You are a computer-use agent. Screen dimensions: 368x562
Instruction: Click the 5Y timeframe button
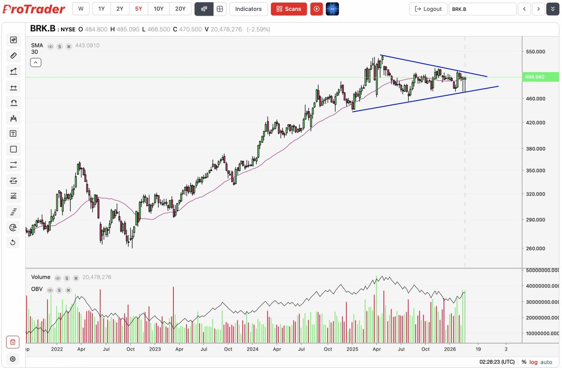pos(138,8)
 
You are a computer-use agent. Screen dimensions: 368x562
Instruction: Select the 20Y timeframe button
pos(180,8)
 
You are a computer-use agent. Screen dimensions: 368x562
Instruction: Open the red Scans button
pos(289,9)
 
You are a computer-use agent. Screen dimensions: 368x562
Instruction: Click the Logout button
pos(428,9)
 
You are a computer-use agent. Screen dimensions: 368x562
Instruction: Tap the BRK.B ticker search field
pos(482,9)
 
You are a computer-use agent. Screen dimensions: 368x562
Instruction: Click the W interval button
pos(81,8)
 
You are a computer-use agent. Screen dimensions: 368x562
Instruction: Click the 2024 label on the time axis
pos(253,349)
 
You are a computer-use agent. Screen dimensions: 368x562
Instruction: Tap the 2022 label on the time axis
pos(57,349)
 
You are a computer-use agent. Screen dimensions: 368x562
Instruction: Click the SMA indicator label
pos(37,45)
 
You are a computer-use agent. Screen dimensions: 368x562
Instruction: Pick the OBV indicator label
pos(37,289)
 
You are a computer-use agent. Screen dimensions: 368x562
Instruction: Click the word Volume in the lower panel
pos(41,277)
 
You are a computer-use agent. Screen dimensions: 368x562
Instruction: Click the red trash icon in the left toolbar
pos(13,342)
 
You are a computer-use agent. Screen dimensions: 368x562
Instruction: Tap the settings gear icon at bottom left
pos(13,359)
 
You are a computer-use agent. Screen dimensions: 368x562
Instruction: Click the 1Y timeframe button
pos(101,8)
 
